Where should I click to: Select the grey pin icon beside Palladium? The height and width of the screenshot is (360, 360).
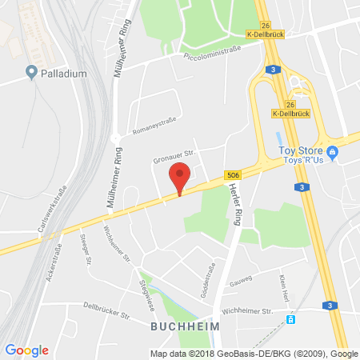(32, 74)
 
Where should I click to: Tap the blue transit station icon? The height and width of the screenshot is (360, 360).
(291, 320)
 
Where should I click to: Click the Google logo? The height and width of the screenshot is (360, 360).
(26, 350)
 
